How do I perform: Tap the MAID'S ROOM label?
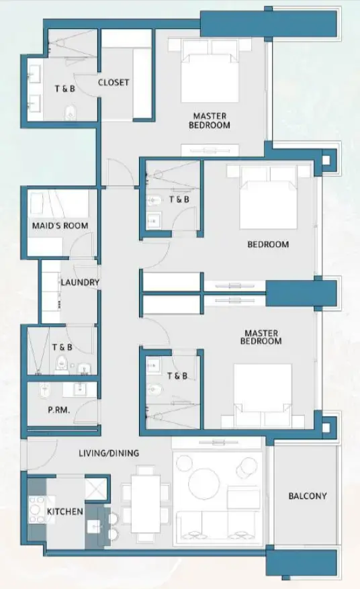pos(60,226)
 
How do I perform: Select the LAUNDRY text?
pos(80,283)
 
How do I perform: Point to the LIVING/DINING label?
pos(108,453)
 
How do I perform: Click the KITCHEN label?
pos(64,512)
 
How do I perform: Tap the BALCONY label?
pos(307,496)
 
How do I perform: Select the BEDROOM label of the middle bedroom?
pos(267,244)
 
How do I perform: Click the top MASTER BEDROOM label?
pos(210,120)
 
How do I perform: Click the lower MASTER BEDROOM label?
pos(263,337)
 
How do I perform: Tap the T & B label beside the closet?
pos(64,88)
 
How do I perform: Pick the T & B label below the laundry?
pos(62,347)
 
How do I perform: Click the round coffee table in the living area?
pos(204,482)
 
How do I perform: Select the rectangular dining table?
pos(144,504)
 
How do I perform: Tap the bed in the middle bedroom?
pos(269,198)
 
